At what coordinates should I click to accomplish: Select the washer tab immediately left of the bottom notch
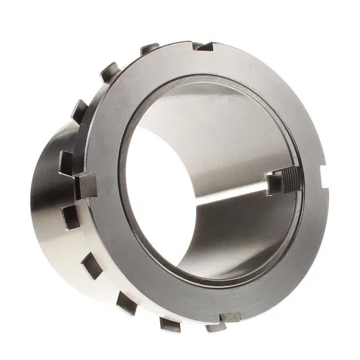[170, 323]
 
